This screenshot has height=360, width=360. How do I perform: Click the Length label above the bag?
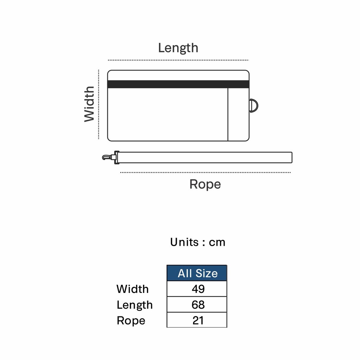(178, 48)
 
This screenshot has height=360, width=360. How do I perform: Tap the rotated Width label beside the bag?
(89, 104)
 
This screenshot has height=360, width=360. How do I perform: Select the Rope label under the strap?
(205, 184)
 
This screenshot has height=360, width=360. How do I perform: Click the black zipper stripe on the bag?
(178, 84)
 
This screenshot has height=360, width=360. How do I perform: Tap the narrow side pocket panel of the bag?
(238, 114)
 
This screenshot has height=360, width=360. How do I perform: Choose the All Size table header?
(197, 273)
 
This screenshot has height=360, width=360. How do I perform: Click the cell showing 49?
(197, 289)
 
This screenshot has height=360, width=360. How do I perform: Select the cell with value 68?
(197, 304)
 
